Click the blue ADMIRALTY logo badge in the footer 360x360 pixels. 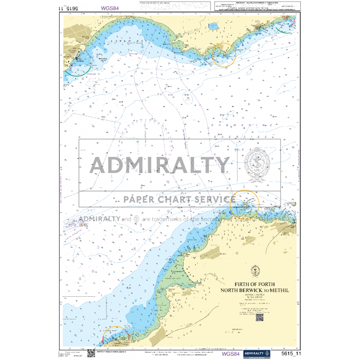257,354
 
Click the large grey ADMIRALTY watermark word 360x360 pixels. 160,165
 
